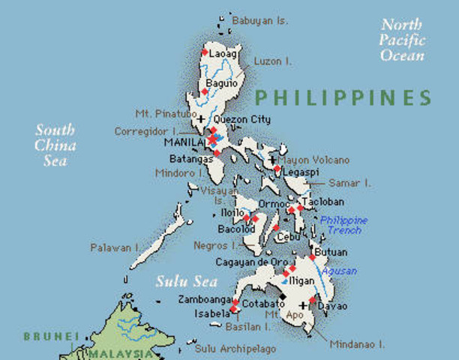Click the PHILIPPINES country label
click(343, 97)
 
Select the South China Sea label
click(55, 145)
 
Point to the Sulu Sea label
click(186, 283)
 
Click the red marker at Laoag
click(205, 53)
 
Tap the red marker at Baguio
click(204, 91)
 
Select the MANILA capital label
click(183, 141)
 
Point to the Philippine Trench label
click(343, 225)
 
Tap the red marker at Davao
click(313, 300)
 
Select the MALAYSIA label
click(118, 352)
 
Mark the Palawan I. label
click(115, 247)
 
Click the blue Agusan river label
click(340, 271)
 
